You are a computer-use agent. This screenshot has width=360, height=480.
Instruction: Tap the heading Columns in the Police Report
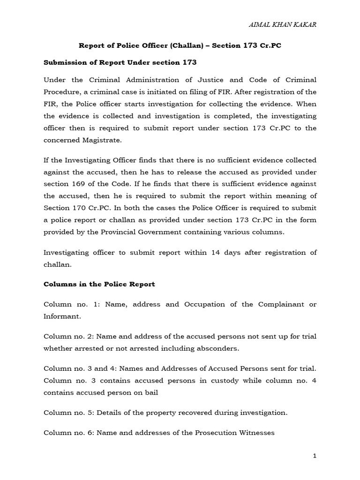point(99,284)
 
